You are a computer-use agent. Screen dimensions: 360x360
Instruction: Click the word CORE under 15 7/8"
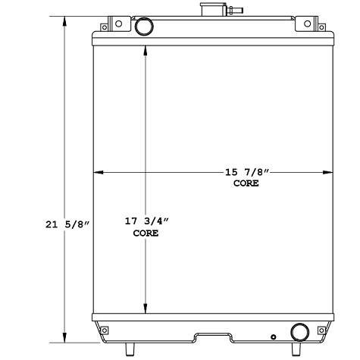pyautogui.click(x=246, y=183)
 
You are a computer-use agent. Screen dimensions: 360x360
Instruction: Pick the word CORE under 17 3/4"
pyautogui.click(x=146, y=233)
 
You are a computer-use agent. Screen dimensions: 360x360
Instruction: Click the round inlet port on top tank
pyautogui.click(x=142, y=28)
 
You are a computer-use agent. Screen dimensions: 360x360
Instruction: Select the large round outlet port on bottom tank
pyautogui.click(x=299, y=331)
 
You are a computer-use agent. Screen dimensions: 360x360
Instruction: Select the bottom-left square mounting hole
pyautogui.click(x=105, y=329)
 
